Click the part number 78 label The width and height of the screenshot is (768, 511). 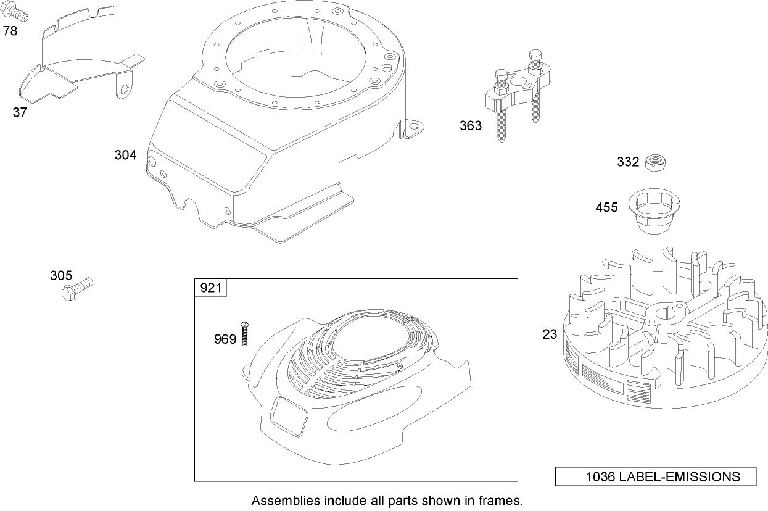[10, 31]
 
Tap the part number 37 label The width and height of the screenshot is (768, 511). [20, 112]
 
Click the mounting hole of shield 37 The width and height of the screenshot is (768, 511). [125, 90]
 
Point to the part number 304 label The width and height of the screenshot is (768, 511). [125, 156]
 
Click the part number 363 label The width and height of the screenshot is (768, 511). [470, 126]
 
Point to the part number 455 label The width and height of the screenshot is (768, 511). [606, 208]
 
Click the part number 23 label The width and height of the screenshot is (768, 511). [550, 334]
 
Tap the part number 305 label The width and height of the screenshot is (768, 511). [61, 275]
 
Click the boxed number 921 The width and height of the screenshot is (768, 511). [211, 288]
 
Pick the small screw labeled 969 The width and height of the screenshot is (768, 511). [245, 334]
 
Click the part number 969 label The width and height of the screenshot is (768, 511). [225, 339]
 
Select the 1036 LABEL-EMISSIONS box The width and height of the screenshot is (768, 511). [656, 476]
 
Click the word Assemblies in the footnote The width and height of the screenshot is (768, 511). [279, 500]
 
